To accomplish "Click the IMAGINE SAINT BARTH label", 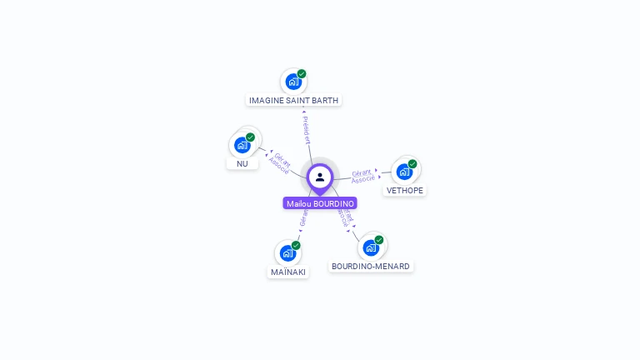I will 294,100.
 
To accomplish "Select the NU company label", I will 242,163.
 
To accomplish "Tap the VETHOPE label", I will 405,190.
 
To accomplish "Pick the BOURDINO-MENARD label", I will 371,267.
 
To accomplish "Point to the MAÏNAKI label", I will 288,272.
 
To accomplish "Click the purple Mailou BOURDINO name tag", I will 320,203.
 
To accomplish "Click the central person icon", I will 320,177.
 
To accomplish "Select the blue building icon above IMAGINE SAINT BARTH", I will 292,82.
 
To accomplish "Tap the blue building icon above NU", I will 242,145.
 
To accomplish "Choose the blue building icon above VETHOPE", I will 404,172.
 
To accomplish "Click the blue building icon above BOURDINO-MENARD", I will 371,247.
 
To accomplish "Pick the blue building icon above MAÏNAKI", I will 287,252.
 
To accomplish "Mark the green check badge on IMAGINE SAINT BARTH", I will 302,73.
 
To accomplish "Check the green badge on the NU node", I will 250,137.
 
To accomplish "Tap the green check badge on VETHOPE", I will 412,163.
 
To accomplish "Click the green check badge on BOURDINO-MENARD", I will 379,239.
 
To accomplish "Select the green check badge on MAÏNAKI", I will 296,245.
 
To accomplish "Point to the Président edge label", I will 306,129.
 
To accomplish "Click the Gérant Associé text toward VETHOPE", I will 362,176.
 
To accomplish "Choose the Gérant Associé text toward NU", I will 280,162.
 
